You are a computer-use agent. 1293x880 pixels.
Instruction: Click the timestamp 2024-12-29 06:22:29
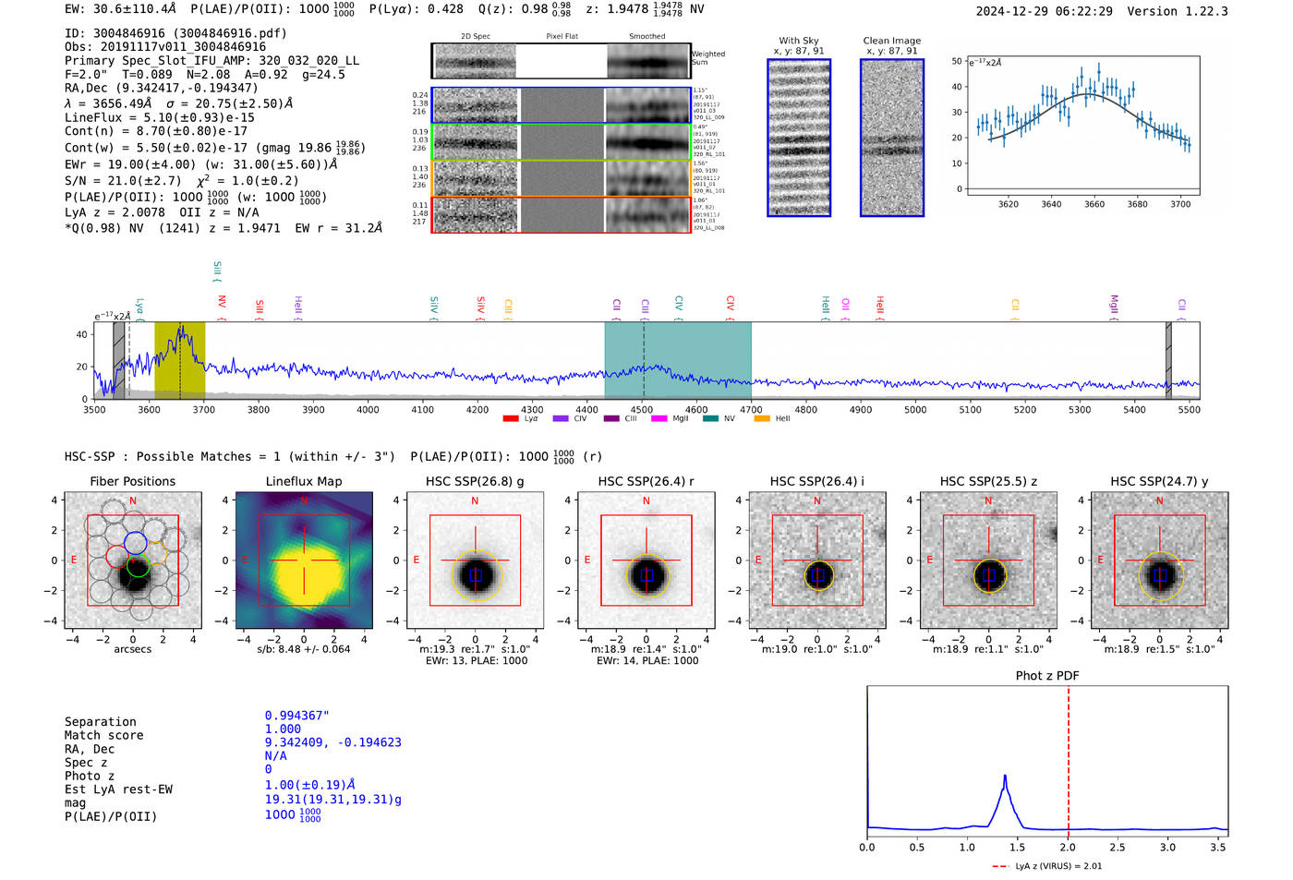click(x=1044, y=11)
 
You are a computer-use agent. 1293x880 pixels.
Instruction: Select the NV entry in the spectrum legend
click(x=729, y=418)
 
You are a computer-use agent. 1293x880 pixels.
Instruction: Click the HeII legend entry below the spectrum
click(x=781, y=418)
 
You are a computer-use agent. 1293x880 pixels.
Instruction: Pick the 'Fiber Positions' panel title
click(x=132, y=481)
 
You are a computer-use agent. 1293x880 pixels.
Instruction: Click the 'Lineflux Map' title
click(x=303, y=481)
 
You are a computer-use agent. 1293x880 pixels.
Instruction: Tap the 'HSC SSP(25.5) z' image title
click(x=988, y=481)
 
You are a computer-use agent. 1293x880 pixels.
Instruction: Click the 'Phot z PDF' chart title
click(x=1046, y=675)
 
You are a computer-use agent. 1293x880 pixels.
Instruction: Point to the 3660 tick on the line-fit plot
click(x=1094, y=204)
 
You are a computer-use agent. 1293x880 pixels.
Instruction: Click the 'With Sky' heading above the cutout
click(x=798, y=41)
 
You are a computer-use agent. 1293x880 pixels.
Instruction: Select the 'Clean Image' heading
click(x=891, y=41)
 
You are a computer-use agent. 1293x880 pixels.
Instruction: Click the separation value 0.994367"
click(x=296, y=716)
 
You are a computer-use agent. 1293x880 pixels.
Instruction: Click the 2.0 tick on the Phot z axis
click(x=1068, y=847)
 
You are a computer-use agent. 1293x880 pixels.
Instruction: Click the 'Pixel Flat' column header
click(x=562, y=36)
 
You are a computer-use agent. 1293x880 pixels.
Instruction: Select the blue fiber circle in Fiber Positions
click(x=135, y=543)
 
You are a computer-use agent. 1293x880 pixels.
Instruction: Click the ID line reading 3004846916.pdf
click(x=175, y=33)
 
